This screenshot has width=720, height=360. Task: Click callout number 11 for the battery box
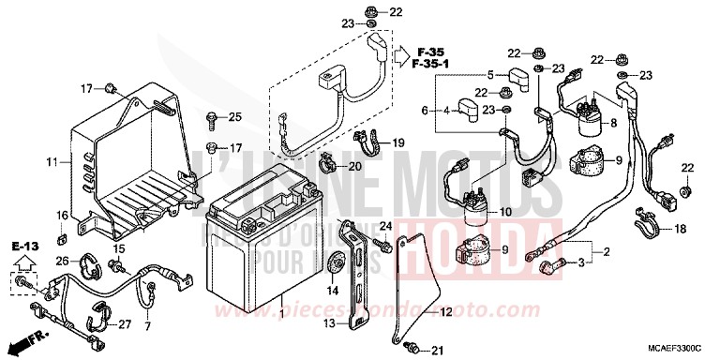52,162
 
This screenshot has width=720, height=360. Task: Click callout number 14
333,292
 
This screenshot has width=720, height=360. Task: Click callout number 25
235,116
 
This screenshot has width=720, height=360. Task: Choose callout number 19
397,142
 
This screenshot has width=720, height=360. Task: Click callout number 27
125,324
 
